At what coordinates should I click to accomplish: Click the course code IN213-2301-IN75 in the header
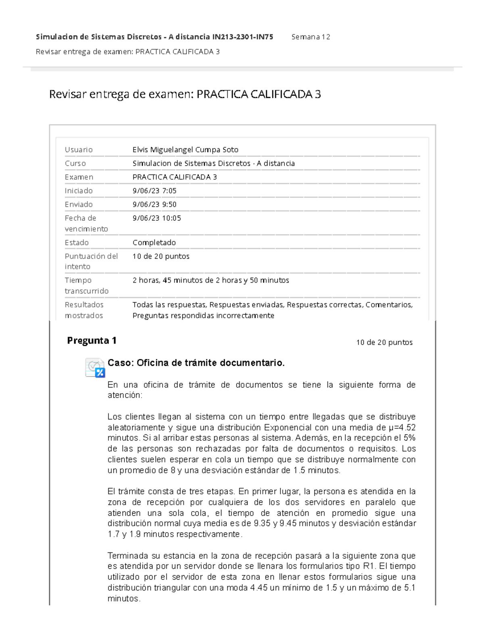242,37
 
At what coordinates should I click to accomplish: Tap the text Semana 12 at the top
311,37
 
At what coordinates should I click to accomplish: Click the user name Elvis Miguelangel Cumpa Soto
185,150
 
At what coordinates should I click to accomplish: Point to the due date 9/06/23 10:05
156,218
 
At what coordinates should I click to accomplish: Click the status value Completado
154,243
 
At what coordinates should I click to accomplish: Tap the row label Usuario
79,150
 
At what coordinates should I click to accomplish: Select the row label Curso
75,164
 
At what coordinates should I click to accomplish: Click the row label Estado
77,243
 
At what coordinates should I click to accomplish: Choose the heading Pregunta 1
92,341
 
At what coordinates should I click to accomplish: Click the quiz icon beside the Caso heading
95,367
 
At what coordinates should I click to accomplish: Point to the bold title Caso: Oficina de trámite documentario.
196,363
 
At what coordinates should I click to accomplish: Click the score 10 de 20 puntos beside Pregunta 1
384,343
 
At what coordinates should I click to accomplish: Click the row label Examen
79,177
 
